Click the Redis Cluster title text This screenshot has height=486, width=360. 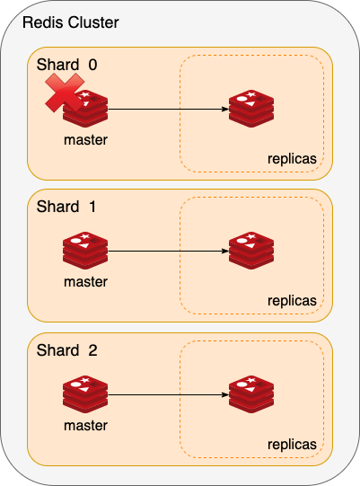[71, 22]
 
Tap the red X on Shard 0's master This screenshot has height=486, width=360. [65, 93]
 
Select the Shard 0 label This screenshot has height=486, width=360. [67, 65]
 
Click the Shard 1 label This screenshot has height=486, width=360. [66, 207]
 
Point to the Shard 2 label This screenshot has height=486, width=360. [67, 350]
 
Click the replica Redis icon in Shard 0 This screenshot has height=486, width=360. [251, 109]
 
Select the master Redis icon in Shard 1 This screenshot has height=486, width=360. [85, 251]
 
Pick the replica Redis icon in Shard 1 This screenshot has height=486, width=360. [251, 251]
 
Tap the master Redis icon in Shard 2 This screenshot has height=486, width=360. [85, 394]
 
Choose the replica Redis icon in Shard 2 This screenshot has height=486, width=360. [251, 394]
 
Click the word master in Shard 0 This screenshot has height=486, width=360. [85, 140]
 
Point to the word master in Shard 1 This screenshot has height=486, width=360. [85, 282]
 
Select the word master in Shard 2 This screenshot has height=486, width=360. [85, 426]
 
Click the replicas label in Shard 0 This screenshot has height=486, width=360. [292, 159]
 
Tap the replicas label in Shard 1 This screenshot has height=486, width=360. [292, 301]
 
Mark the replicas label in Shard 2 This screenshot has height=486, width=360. [292, 445]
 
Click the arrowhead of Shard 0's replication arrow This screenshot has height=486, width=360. [225, 109]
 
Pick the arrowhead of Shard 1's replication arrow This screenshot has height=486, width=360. [225, 251]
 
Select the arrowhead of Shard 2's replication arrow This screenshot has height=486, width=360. [225, 395]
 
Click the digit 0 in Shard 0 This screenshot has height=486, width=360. [93, 65]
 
